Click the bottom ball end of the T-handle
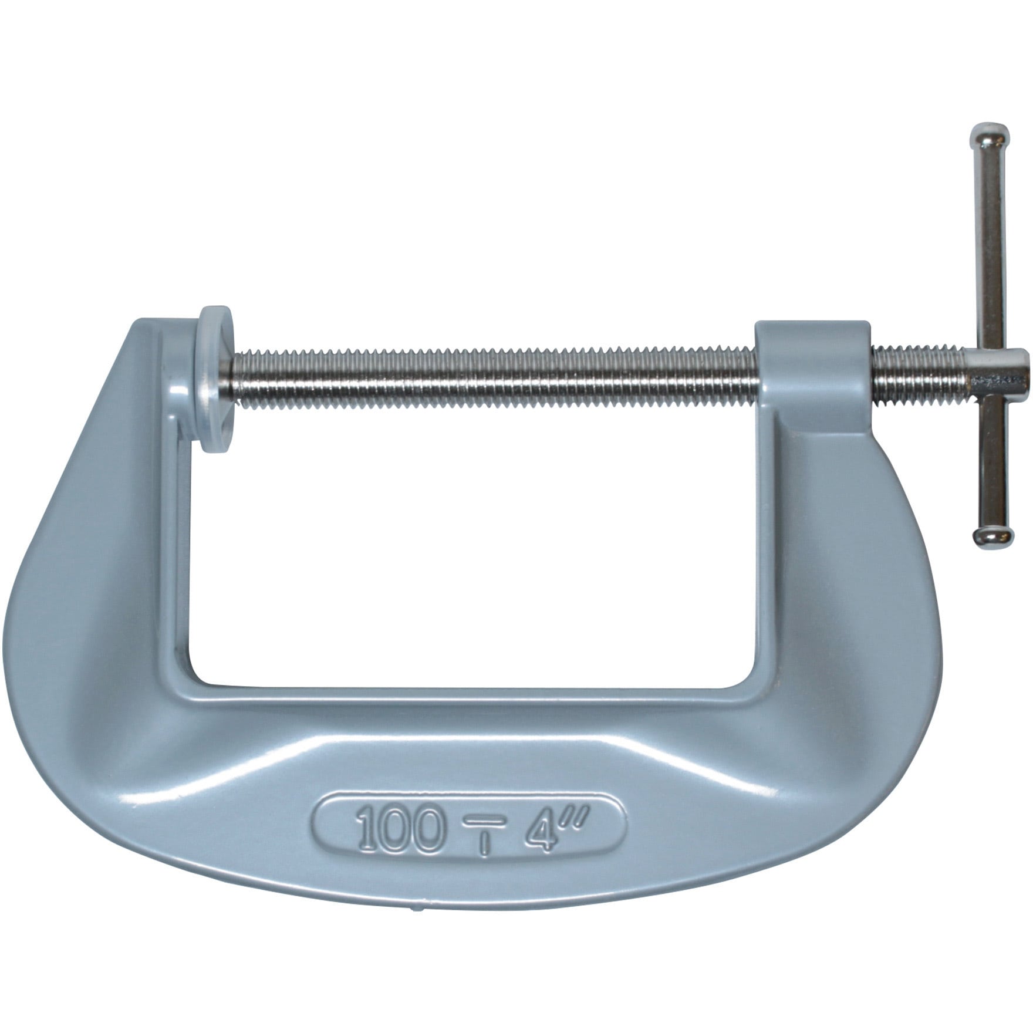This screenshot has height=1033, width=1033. (993, 535)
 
